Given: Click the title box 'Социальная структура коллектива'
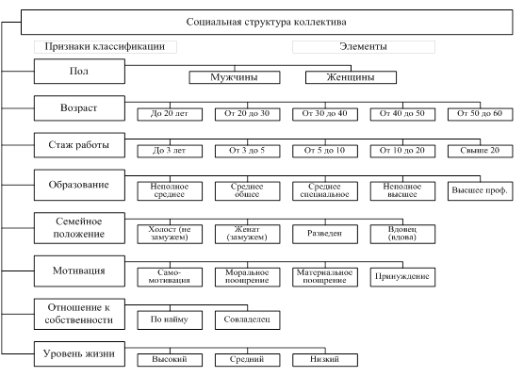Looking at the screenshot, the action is [x=267, y=22].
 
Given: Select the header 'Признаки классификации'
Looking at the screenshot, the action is [x=106, y=47].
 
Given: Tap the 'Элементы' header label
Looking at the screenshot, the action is [x=364, y=47].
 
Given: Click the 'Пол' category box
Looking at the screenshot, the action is [x=79, y=72].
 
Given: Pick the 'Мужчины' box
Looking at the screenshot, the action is [x=235, y=77].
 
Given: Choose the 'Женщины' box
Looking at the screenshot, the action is [x=351, y=77].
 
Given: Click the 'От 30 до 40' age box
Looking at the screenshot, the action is [x=325, y=114].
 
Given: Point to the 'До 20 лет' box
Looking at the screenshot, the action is [x=170, y=114].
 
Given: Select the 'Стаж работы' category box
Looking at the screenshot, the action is [x=79, y=145].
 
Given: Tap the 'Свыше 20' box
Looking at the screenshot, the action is [x=481, y=151].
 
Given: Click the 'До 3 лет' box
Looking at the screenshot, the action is [x=170, y=151].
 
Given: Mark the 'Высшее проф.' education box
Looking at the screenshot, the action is [x=481, y=191].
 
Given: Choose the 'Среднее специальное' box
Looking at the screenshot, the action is [x=325, y=191].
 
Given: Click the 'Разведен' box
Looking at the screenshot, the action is [x=325, y=234].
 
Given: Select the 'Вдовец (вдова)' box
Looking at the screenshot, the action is [x=402, y=234].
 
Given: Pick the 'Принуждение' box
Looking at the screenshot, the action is [x=402, y=277].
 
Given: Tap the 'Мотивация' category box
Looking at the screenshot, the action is [x=79, y=271].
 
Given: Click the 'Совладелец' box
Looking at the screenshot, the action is [x=248, y=320].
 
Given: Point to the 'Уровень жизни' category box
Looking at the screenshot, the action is [x=79, y=354].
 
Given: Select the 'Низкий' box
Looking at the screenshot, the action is [x=325, y=360].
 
